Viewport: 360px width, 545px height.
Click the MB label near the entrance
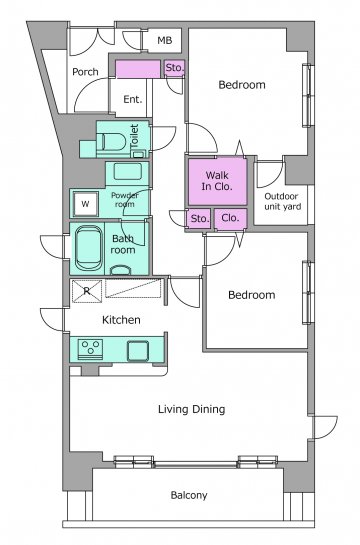coord(165,40)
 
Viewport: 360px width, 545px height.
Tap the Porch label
coord(85,72)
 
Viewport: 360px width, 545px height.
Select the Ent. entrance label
coord(133,99)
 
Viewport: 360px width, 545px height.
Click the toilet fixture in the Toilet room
coord(111,142)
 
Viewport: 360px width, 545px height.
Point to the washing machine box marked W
coord(85,204)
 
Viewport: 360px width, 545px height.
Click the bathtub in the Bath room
coord(89,248)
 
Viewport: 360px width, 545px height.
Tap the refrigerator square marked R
coord(87,291)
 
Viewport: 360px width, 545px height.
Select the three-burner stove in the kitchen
coord(90,349)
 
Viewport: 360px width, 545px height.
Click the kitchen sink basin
coord(138,350)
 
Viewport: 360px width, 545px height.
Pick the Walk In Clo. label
coord(217,181)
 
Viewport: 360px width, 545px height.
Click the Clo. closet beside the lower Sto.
coord(230,218)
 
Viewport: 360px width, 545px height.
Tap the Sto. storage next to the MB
coord(174,68)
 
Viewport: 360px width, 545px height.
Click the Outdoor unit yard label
coord(283,202)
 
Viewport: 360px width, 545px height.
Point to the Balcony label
coord(189,495)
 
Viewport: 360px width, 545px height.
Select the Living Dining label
coord(191,409)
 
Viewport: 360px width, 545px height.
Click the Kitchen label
coord(121,320)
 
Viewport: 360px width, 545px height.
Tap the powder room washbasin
coord(128,171)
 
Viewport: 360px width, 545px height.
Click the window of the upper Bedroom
coord(308,95)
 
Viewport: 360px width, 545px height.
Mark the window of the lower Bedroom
coord(308,292)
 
